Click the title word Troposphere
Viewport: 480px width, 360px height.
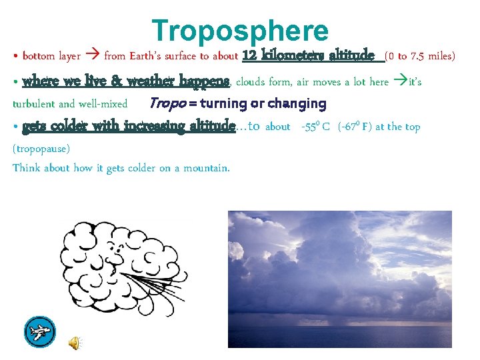(240, 31)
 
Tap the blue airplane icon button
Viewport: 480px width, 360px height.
(39, 331)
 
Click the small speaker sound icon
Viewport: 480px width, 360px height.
(75, 343)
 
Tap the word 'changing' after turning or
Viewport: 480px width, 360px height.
(297, 104)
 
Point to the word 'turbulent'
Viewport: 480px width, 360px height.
(34, 104)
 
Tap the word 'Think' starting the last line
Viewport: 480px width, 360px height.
(27, 168)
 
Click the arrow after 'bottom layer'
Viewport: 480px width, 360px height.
(93, 56)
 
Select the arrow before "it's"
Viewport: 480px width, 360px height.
(400, 82)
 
